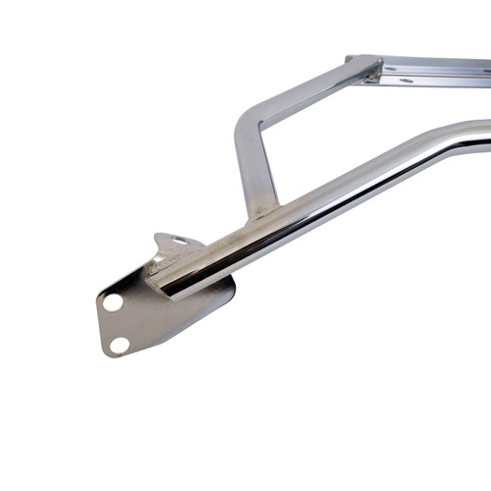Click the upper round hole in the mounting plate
click(113, 302)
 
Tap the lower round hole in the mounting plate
click(119, 344)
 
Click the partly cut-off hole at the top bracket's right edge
click(486, 72)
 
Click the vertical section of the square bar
click(250, 172)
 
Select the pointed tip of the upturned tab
click(158, 236)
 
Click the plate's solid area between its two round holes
click(116, 323)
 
